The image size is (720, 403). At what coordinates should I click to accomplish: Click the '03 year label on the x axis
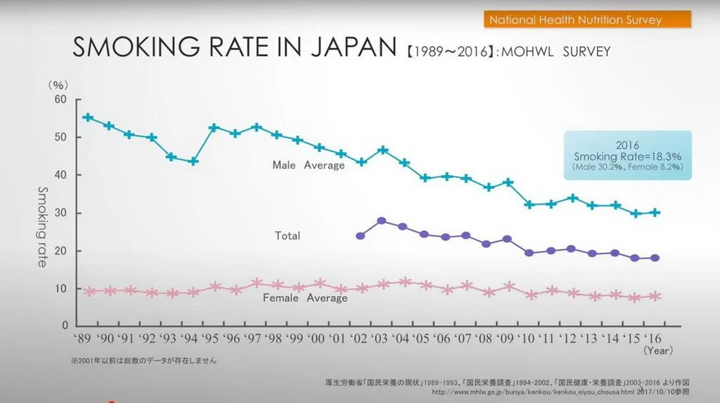pyautogui.click(x=382, y=339)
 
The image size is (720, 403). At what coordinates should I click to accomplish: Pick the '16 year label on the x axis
pyautogui.click(x=654, y=339)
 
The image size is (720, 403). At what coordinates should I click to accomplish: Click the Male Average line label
pyautogui.click(x=308, y=165)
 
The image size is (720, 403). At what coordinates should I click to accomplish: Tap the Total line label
pyautogui.click(x=287, y=236)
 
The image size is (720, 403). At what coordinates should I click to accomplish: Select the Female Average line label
pyautogui.click(x=305, y=298)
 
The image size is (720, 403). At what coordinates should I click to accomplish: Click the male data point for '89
pyautogui.click(x=88, y=118)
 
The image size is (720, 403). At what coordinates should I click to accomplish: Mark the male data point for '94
pyautogui.click(x=194, y=161)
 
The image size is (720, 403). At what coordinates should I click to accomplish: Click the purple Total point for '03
pyautogui.click(x=382, y=221)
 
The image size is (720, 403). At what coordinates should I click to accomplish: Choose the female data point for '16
pyautogui.click(x=655, y=296)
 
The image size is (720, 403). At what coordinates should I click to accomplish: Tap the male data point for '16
pyautogui.click(x=655, y=212)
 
